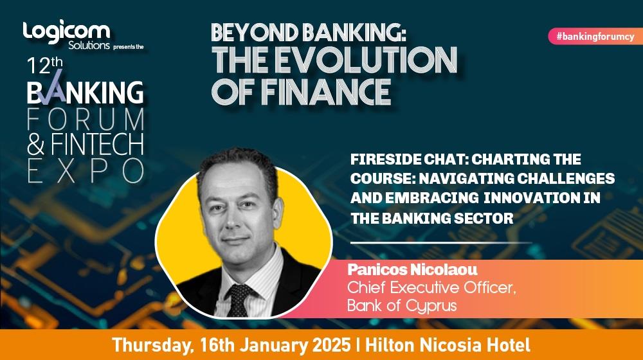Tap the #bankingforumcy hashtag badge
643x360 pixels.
point(595,36)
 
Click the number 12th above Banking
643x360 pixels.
point(45,66)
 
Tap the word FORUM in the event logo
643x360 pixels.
point(86,119)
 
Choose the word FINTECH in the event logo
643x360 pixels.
point(98,144)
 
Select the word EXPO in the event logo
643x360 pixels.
point(86,170)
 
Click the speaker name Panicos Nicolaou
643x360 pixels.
point(412,269)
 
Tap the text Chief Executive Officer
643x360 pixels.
point(431,287)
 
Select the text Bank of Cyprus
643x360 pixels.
point(402,306)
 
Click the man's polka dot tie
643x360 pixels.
point(239,300)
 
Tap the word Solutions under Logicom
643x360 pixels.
point(89,45)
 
